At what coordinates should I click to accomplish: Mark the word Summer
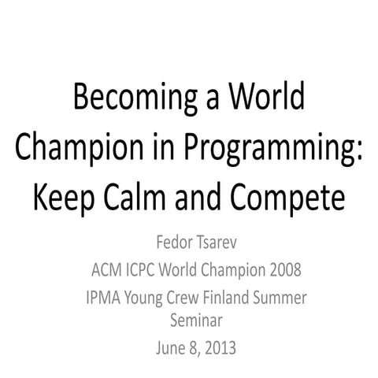(293, 300)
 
